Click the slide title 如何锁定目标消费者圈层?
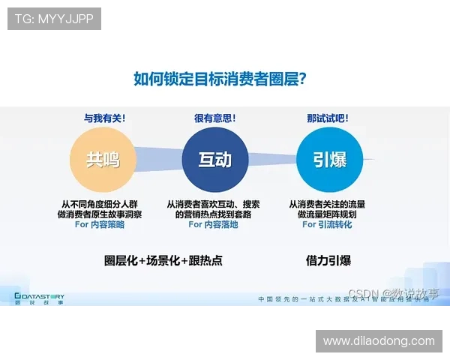pos(223,78)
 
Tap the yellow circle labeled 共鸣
pos(103,160)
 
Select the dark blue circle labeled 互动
pos(215,160)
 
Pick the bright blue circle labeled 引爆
pos(329,160)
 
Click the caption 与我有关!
pos(104,118)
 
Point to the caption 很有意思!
pos(215,118)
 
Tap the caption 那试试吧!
pos(328,118)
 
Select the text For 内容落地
pos(214,224)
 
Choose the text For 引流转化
pos(328,224)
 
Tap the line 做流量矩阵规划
pos(328,214)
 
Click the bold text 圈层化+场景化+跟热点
pos(163,261)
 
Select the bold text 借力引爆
pos(328,261)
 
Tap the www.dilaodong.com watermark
pos(379,341)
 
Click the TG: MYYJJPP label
pos(54,18)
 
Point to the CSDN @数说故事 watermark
pos(393,293)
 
